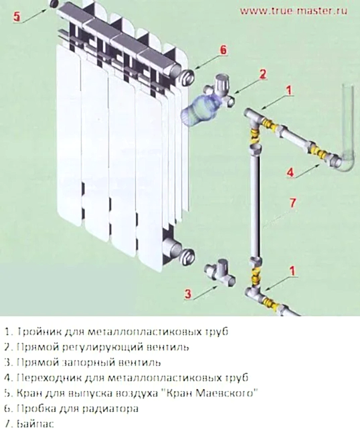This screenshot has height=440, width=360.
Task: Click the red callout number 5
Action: click(17, 16)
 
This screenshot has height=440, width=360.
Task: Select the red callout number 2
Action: click(262, 74)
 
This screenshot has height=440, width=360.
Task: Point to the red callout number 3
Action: click(187, 294)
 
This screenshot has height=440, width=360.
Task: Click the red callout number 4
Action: click(290, 172)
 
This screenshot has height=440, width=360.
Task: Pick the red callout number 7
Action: click(292, 203)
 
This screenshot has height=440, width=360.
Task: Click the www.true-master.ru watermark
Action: click(294, 11)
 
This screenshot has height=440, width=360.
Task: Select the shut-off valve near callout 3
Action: click(220, 273)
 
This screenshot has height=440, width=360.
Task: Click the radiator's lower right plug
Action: click(187, 255)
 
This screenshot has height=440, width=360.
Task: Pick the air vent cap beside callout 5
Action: click(54, 4)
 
